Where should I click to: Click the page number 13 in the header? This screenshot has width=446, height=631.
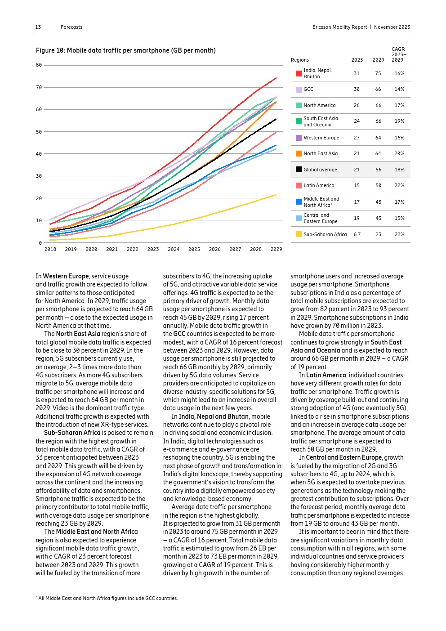[38, 27]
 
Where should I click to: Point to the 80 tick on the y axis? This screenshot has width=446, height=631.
[39, 65]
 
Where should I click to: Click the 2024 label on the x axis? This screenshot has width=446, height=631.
[174, 249]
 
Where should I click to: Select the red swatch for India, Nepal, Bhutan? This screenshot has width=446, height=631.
[299, 73]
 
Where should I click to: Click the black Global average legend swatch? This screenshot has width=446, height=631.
[299, 170]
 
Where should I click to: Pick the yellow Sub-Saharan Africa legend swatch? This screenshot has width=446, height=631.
[299, 234]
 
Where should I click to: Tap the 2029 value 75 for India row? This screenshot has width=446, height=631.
[378, 73]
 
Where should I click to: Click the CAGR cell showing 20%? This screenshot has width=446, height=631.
[399, 153]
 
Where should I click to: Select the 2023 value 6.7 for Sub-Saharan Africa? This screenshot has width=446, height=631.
[357, 234]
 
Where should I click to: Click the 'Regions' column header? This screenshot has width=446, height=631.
[300, 60]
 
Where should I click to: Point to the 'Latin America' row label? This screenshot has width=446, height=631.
[319, 185]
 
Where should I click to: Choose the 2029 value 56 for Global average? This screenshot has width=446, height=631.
[378, 170]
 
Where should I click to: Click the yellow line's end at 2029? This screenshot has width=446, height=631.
[276, 195]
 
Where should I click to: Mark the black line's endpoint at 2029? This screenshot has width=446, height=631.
[276, 119]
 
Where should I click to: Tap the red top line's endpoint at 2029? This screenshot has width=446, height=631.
[276, 78]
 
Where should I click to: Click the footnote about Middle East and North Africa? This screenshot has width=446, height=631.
[107, 598]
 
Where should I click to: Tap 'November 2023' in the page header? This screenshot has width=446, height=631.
[392, 27]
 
